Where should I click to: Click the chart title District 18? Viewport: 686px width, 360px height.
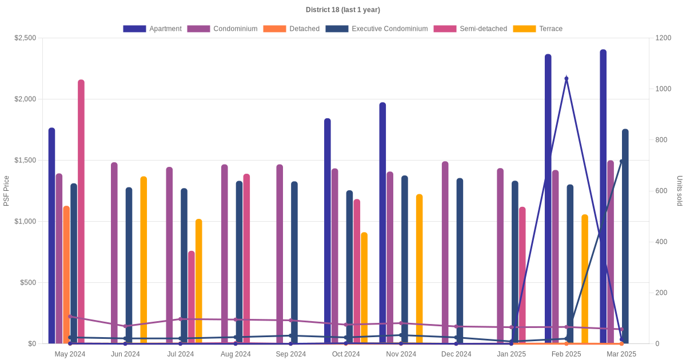[x=342, y=10]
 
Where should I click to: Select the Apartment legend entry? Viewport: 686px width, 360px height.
[x=152, y=29]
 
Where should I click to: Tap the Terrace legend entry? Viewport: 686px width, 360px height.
[x=537, y=29]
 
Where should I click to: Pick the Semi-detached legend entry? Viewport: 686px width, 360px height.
[x=470, y=29]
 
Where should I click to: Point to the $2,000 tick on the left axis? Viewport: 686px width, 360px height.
[x=25, y=99]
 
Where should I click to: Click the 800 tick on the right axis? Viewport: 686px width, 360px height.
[x=661, y=140]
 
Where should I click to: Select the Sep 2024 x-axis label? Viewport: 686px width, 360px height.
[x=291, y=354]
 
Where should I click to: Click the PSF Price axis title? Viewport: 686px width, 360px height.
[x=6, y=191]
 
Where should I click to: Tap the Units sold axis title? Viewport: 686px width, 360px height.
[x=679, y=191]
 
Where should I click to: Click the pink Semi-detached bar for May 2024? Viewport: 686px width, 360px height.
[x=81, y=211]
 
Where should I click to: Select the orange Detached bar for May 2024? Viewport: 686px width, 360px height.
[x=66, y=274]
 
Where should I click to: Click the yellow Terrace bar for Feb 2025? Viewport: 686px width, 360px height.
[x=585, y=279]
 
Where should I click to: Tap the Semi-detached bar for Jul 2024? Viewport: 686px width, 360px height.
[x=192, y=297]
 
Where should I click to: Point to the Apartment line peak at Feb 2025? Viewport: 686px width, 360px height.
[x=567, y=79]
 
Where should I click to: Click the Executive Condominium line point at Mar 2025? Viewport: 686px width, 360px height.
[x=622, y=161]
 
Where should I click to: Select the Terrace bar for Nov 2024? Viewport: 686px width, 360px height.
[x=420, y=269]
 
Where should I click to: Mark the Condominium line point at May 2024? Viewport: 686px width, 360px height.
[x=70, y=317]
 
